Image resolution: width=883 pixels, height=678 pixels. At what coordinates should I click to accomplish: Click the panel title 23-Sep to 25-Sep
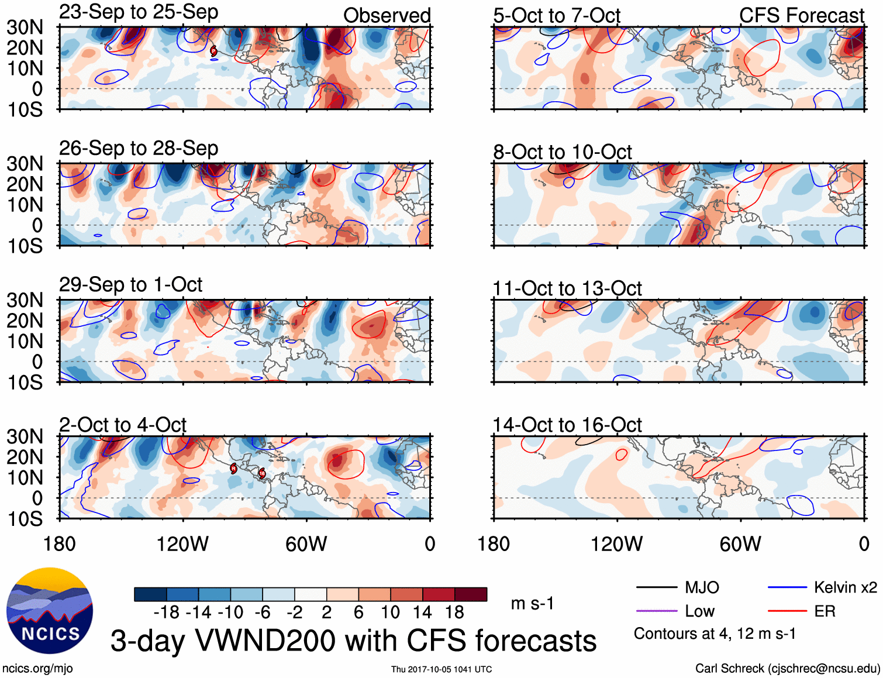[139, 12]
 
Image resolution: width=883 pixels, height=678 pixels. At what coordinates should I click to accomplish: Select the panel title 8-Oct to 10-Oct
[562, 152]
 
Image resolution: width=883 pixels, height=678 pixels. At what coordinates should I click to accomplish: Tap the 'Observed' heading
[387, 16]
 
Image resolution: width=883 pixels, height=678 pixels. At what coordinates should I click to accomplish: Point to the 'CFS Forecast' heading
[801, 16]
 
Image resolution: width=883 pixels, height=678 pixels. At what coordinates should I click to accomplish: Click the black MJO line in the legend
[656, 587]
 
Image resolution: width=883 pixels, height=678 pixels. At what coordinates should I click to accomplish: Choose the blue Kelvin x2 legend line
[787, 587]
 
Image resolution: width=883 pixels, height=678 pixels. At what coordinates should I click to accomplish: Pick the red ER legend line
[787, 611]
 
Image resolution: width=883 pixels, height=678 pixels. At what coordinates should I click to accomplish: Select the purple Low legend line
[656, 611]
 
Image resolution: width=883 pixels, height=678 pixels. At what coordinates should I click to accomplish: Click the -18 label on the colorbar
[166, 612]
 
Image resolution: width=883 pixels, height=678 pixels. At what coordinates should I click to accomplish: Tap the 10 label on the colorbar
[390, 612]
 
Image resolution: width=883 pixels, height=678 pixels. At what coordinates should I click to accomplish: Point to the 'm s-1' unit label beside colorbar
[532, 603]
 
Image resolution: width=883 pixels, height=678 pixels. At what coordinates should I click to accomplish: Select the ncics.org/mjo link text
[37, 668]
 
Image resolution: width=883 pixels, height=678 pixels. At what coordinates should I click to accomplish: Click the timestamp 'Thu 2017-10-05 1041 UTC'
[442, 669]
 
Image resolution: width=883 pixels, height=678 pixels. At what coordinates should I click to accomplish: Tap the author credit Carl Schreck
[787, 668]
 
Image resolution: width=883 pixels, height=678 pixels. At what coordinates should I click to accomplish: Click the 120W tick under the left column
[182, 544]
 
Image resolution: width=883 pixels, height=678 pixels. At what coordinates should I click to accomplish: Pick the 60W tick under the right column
[740, 544]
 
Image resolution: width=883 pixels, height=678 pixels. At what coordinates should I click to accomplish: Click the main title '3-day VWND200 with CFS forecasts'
[353, 641]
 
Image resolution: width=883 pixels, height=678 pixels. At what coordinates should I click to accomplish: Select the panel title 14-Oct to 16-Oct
[567, 425]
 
